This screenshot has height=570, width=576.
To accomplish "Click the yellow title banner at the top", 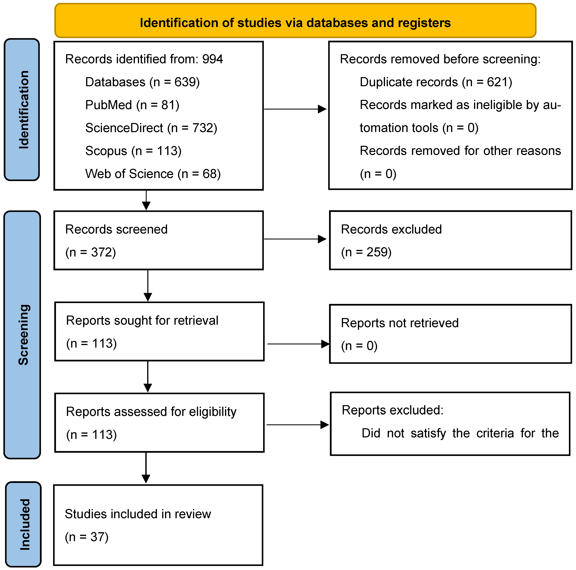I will [295, 21].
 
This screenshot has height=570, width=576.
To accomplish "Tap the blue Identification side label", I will [22, 110].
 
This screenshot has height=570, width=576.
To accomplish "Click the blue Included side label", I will [24, 524].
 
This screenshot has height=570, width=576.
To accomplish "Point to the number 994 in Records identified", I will [212, 59].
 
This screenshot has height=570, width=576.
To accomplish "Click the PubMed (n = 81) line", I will [132, 105].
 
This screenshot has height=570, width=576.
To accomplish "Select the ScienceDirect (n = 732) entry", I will [151, 128].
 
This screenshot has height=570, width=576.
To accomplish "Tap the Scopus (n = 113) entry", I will [133, 151].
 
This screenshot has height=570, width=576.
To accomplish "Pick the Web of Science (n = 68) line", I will [153, 174].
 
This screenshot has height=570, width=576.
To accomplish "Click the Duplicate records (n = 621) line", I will [436, 82].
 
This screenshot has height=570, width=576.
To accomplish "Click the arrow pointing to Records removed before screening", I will [295, 109].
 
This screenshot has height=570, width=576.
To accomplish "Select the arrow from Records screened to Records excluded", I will [295, 239].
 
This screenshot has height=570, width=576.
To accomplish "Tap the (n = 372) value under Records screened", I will [91, 252].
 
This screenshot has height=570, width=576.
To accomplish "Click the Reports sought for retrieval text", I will [142, 320].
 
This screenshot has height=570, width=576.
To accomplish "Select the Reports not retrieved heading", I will [400, 323].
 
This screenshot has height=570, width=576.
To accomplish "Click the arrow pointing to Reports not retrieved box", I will [298, 344].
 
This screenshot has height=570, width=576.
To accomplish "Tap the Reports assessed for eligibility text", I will [151, 412].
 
